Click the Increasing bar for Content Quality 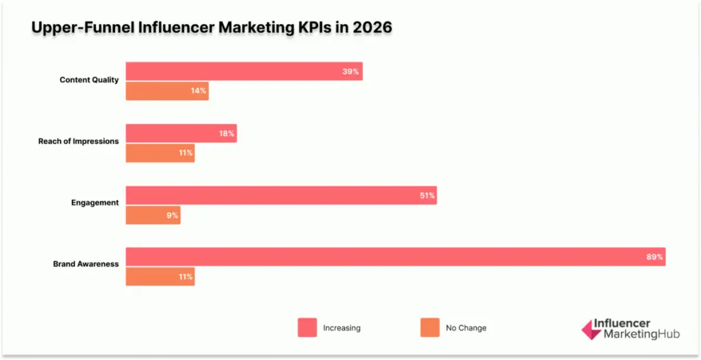click(244, 71)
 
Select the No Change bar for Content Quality click(167, 91)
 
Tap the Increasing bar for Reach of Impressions click(181, 133)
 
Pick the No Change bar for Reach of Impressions click(160, 153)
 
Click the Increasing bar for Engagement click(281, 196)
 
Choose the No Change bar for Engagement click(153, 215)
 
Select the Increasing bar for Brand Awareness click(395, 257)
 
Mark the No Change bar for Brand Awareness click(160, 277)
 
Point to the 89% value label click(654, 257)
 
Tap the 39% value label click(351, 71)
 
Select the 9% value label click(172, 215)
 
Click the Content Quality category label click(89, 80)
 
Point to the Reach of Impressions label click(78, 141)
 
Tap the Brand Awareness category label click(86, 264)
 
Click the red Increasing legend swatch click(307, 328)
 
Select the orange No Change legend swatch click(430, 328)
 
